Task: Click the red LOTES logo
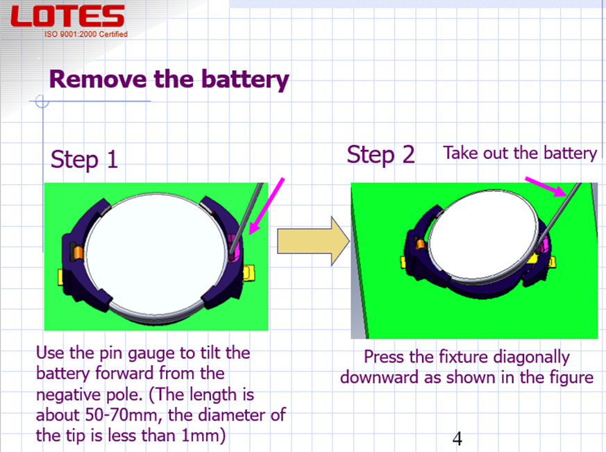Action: point(67,16)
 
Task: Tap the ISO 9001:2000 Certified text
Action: point(86,34)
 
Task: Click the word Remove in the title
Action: point(98,79)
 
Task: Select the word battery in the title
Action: point(245,80)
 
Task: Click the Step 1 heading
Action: point(84,159)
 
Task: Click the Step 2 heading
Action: point(380,155)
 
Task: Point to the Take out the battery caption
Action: point(520,153)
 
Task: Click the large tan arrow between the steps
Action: point(314,241)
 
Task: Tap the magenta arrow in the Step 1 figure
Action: point(267,206)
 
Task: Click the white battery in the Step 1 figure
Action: point(155,253)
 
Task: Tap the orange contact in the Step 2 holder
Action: point(420,244)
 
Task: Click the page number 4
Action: point(457,439)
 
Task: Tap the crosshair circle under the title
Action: point(42,101)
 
